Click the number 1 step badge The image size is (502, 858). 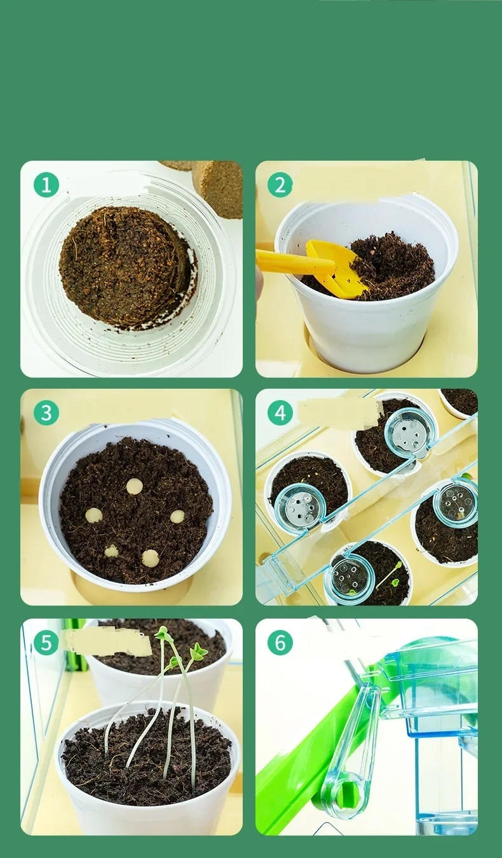46,185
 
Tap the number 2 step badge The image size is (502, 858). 280,185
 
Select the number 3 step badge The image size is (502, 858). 46,413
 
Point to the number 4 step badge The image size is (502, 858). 280,413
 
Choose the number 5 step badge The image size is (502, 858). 46,642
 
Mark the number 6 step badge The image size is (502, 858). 280,642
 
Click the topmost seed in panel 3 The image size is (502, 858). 135,486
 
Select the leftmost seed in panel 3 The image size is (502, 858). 94,515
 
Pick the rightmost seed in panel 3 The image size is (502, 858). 177,516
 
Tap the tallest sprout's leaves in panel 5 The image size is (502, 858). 163,633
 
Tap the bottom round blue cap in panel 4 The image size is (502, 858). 349,580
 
